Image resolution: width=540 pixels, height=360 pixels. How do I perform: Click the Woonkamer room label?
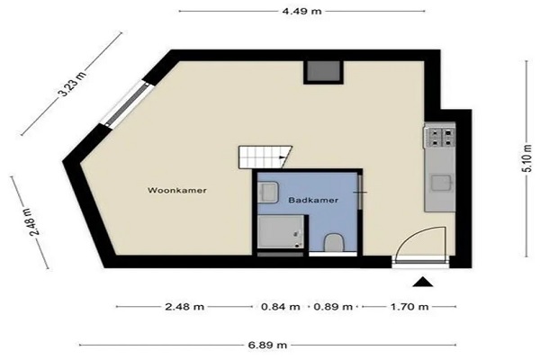coord(177,190)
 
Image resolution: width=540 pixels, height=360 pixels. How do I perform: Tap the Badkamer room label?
coord(313,200)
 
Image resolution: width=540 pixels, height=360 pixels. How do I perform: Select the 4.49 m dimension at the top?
coord(301,12)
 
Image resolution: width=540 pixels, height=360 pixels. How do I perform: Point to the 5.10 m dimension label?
coord(527,158)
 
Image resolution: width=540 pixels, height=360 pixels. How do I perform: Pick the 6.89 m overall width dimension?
coord(267,345)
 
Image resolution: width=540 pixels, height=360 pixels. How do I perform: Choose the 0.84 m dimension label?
coord(280,307)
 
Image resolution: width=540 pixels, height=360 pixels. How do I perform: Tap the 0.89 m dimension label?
coord(333,307)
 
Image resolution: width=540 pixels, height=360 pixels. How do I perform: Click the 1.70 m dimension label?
coord(409,307)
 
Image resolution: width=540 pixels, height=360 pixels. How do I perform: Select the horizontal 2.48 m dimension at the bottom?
coord(184,307)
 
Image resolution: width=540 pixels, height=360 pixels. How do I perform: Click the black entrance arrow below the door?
coord(423,282)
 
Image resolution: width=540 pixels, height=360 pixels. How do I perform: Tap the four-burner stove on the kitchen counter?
coord(442,137)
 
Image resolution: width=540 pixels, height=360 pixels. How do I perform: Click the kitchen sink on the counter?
coord(442,183)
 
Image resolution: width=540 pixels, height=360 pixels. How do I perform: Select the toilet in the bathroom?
coord(334,242)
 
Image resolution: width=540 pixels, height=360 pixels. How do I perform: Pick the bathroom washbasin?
coord(268,193)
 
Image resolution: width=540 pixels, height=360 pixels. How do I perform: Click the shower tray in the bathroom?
coord(281,231)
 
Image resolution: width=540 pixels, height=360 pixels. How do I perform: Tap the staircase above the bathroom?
coord(265,157)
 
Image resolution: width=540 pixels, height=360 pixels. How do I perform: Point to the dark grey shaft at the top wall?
coord(323,71)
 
